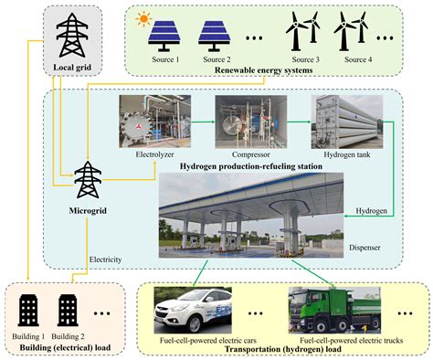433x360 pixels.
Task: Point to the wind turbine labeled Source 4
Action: coord(354,34)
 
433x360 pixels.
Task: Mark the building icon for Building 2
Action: coord(69,310)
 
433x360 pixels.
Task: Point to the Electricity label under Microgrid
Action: coord(108,259)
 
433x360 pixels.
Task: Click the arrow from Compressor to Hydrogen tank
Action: coord(298,121)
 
